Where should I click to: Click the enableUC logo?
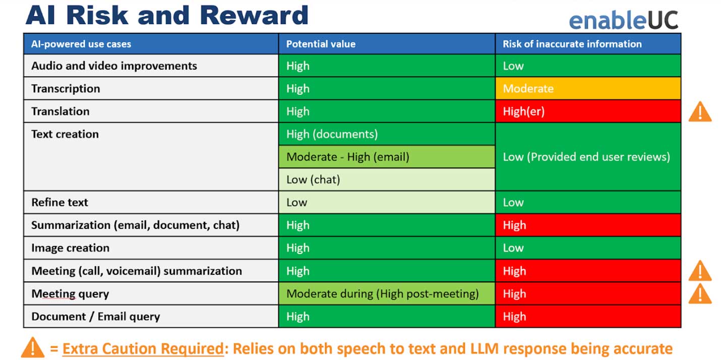coord(624,20)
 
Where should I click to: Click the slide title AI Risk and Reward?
coord(167,15)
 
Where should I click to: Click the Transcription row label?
coord(66,89)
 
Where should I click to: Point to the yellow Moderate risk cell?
coord(588,89)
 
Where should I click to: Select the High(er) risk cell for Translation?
coord(588,111)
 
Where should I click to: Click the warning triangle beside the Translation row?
coord(700,112)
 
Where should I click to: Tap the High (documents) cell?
coord(387,134)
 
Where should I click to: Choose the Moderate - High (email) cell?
coord(387,157)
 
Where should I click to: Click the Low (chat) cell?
coord(387,179)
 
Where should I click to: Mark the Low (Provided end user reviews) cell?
coord(588,157)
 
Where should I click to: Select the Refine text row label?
coord(59,202)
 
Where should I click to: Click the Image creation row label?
coord(70,248)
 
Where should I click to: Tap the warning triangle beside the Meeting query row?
coord(700,294)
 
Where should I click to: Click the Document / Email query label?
coord(96,317)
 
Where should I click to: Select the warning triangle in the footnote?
coord(32,347)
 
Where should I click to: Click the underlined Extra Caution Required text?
coord(143,349)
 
